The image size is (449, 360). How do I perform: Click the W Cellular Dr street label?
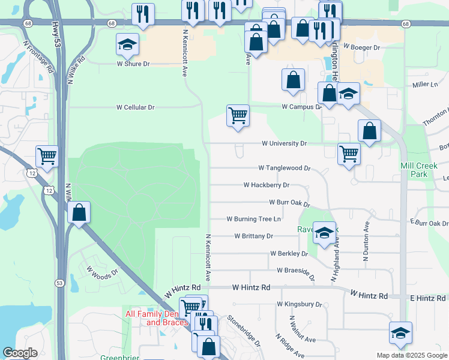(x=135, y=107)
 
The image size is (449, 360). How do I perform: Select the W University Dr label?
(x=284, y=144)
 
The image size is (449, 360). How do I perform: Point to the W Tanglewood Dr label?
(x=284, y=169)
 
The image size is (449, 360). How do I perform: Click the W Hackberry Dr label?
(x=267, y=185)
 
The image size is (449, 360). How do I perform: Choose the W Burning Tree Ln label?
(x=253, y=220)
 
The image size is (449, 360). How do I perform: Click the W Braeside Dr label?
(x=292, y=271)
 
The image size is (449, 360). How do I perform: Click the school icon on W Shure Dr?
(x=127, y=44)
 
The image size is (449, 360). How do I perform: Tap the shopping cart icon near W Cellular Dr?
(x=238, y=115)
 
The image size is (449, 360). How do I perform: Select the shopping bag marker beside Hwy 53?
(x=79, y=212)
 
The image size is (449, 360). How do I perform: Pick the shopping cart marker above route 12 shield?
(x=47, y=157)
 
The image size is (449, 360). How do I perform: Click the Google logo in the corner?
(x=20, y=353)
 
